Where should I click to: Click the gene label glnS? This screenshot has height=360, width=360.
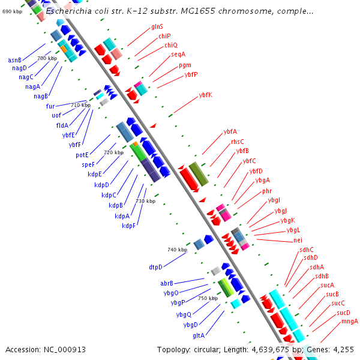(x=157, y=27)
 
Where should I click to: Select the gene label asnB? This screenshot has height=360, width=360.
(x=15, y=60)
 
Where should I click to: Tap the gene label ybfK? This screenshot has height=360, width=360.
(x=205, y=95)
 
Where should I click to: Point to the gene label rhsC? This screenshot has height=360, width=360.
(x=238, y=142)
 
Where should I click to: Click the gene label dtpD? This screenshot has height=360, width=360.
(x=156, y=266)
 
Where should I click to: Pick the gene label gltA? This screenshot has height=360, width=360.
(x=199, y=335)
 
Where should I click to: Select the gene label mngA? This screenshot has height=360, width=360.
(x=350, y=322)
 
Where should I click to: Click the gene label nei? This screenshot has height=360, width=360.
(x=298, y=241)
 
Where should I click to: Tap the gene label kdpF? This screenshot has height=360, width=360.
(x=129, y=226)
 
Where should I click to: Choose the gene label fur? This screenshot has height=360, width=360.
(x=50, y=106)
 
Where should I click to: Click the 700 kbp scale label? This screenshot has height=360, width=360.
(x=47, y=58)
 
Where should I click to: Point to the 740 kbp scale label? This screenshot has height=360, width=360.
(x=177, y=249)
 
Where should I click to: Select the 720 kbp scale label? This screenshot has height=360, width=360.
(x=113, y=152)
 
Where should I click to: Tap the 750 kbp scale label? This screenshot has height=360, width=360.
(x=208, y=298)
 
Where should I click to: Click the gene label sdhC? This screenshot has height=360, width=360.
(x=307, y=250)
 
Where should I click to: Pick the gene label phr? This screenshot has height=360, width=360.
(x=267, y=191)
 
